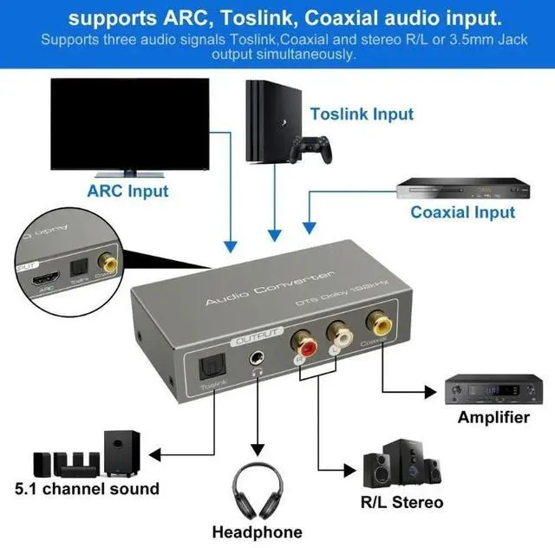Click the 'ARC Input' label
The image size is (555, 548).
click(127, 190)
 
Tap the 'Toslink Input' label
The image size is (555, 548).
click(362, 114)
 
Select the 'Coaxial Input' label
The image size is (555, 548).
click(462, 212)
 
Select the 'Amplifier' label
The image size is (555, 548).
click(493, 418)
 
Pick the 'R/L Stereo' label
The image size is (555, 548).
click(402, 502)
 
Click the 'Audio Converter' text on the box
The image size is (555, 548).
click(268, 290)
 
